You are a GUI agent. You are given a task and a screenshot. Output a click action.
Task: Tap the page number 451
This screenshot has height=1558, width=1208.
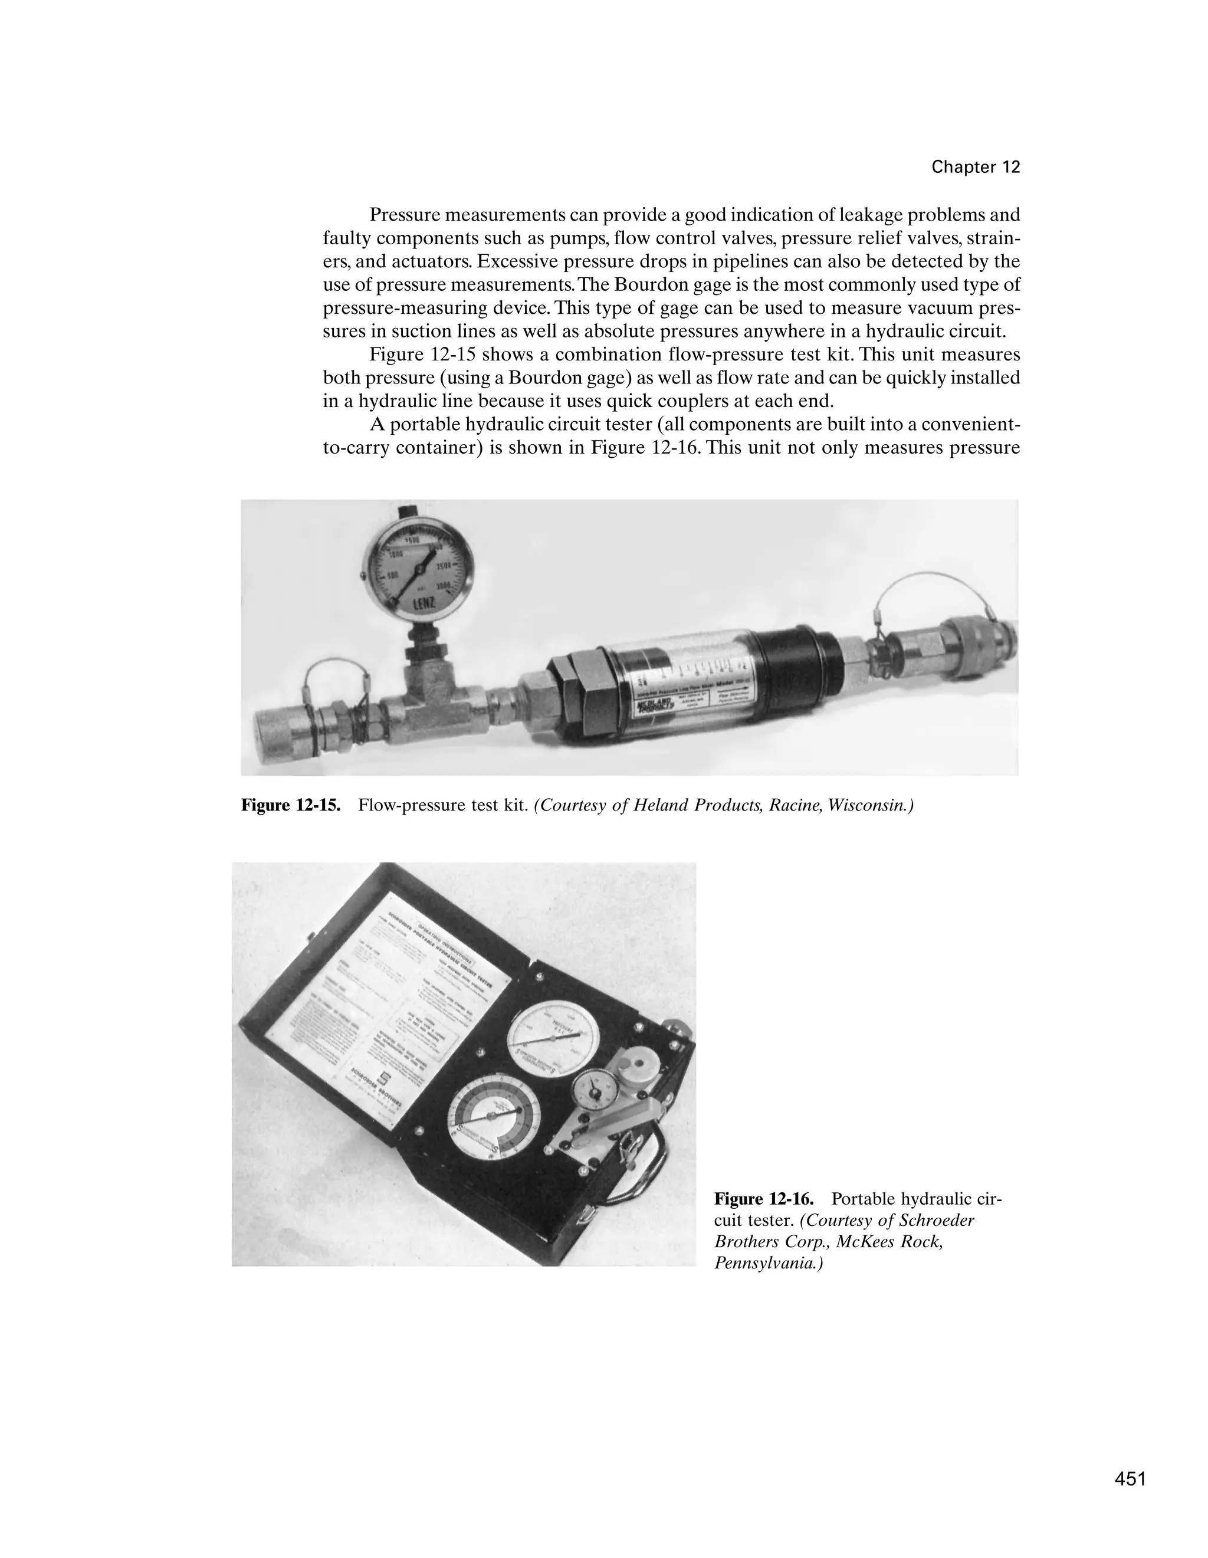pyautogui.click(x=1130, y=1478)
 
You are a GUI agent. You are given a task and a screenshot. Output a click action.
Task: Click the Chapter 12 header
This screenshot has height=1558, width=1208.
pyautogui.click(x=976, y=167)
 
